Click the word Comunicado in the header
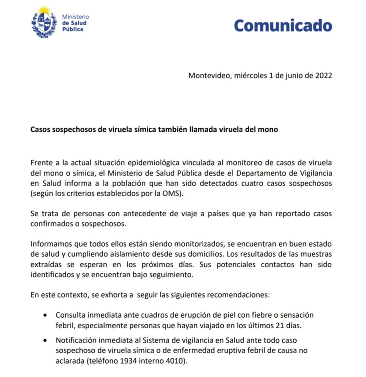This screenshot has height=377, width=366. tap(283, 26)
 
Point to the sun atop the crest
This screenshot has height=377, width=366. tap(44, 10)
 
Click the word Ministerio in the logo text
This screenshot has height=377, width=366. tap(75, 16)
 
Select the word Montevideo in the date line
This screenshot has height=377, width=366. tap(210, 75)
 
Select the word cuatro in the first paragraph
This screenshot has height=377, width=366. tap(253, 183)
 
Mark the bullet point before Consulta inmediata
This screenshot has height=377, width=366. tap(46, 315)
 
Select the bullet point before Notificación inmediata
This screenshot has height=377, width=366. tap(46, 340)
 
